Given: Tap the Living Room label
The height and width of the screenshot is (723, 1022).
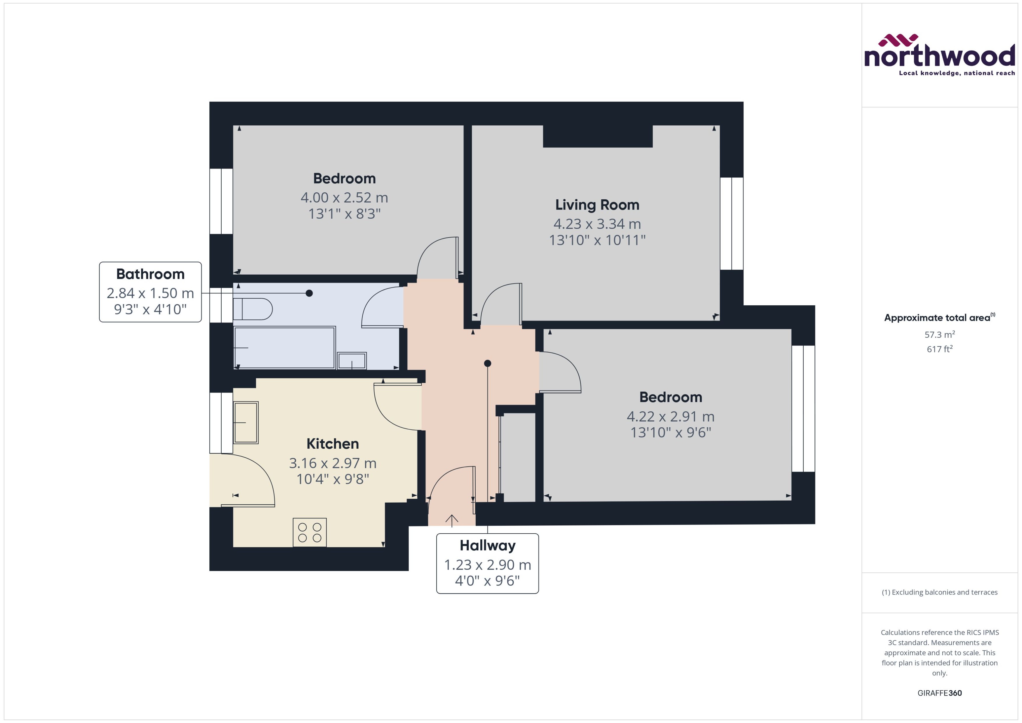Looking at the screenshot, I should click(x=597, y=205).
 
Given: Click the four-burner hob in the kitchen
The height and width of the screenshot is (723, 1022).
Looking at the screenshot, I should click(x=310, y=532).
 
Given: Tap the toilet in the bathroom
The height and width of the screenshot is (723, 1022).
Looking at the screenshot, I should click(x=253, y=309).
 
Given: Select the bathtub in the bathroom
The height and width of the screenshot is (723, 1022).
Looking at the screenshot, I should click(x=284, y=348).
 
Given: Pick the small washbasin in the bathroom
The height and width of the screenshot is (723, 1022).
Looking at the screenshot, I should click(x=352, y=360).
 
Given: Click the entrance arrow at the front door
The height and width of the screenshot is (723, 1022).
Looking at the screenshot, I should click(x=451, y=520).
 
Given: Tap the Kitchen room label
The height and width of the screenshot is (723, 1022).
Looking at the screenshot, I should click(x=332, y=444).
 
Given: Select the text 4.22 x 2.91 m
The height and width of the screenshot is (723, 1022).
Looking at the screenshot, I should click(x=670, y=416).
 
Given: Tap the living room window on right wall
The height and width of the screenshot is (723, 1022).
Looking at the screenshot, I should click(x=731, y=224).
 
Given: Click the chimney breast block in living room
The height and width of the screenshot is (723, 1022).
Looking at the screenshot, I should click(x=598, y=136).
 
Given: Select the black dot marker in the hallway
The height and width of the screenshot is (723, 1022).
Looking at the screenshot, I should click(x=488, y=363).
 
